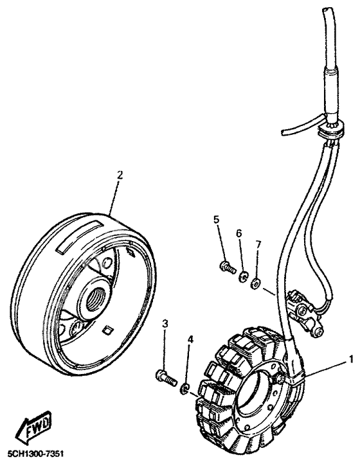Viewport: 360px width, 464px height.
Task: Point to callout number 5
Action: [217, 220]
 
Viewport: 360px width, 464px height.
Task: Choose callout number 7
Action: [258, 244]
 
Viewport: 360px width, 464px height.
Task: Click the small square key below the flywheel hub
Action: [107, 331]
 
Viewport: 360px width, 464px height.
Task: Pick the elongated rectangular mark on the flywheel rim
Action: [77, 236]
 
